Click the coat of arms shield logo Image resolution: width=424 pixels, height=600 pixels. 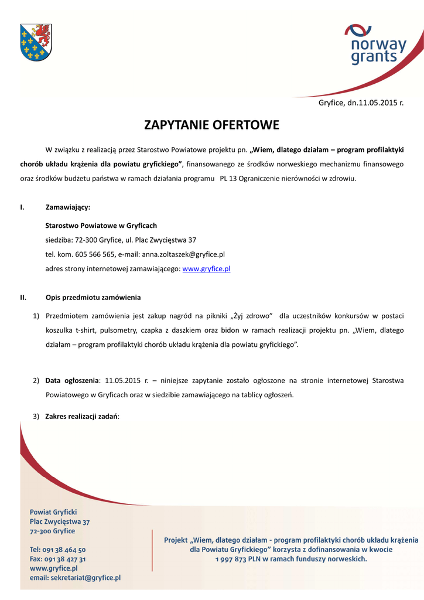pos(36,43)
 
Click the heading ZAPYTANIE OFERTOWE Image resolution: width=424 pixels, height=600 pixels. pos(211,125)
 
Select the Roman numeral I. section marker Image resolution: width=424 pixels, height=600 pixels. pos(22,207)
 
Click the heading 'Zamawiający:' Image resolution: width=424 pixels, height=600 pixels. pos(68,207)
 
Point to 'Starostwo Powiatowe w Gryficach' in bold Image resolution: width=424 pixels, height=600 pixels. pos(101,225)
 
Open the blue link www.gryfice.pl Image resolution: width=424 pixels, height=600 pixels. pos(206,269)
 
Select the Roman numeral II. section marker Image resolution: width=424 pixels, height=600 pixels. pos(23,297)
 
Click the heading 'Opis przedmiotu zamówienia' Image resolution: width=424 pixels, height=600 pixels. pos(93,297)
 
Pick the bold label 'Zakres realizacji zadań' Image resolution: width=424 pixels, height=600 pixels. pos(81,416)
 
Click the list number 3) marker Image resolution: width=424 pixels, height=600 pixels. pos(36,416)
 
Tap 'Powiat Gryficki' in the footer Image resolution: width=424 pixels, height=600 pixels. pos(53,512)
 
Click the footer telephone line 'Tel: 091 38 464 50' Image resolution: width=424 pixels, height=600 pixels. pos(58,550)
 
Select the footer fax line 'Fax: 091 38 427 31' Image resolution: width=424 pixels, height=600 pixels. pos(58,559)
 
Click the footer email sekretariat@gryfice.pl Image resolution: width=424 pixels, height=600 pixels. pos(75,578)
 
